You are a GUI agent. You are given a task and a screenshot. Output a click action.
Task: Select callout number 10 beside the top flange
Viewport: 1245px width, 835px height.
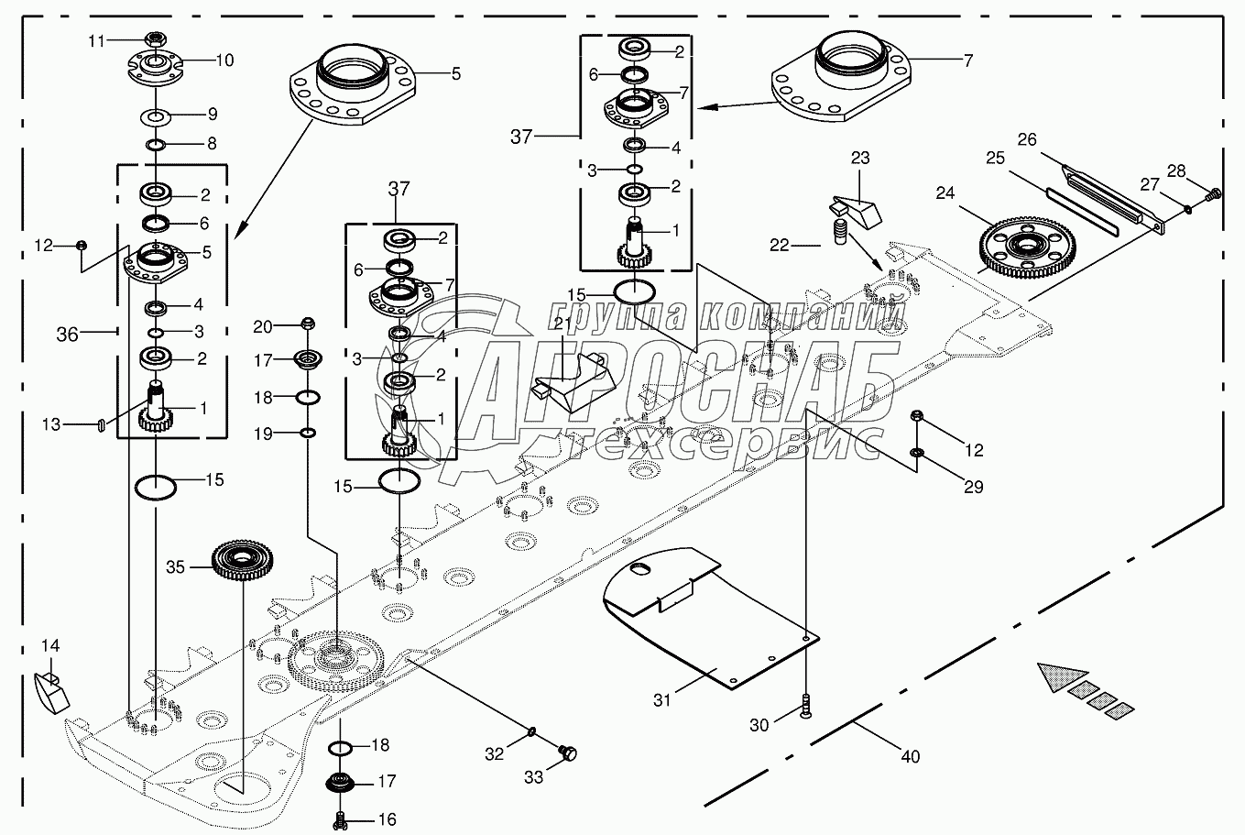(x=224, y=60)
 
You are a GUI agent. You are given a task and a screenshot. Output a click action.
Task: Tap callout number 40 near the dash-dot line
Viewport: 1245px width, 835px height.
(x=910, y=757)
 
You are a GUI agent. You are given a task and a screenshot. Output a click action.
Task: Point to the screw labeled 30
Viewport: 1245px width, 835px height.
(x=805, y=706)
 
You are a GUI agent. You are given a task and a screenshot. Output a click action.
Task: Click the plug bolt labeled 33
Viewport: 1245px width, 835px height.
(x=568, y=753)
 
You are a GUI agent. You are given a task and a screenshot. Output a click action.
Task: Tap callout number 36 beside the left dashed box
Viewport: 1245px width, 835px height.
(x=68, y=335)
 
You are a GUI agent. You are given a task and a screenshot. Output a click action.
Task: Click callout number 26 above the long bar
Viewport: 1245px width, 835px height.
(x=1027, y=140)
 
